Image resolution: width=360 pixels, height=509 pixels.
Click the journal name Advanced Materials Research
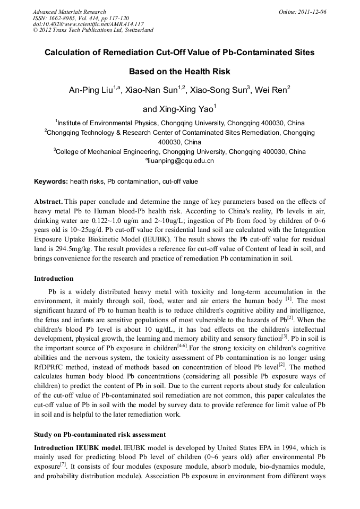[69, 12]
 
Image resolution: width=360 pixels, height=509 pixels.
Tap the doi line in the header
[88, 24]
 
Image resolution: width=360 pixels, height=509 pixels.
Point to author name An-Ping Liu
[90, 91]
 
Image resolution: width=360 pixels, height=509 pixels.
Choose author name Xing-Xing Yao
[178, 110]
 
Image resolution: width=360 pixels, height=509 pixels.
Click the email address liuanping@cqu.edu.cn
[181, 161]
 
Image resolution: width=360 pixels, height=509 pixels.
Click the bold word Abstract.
[48, 202]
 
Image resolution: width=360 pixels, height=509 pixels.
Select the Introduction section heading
[54, 279]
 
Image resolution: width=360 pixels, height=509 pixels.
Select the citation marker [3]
[285, 337]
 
